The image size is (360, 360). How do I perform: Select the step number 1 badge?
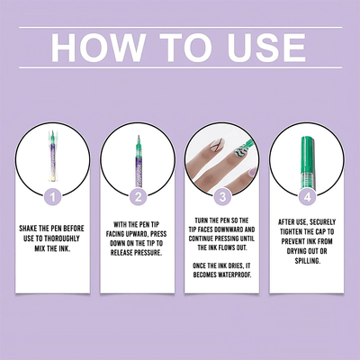pos(53,197)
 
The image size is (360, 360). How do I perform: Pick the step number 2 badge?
pos(138,197)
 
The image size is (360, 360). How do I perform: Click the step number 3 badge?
pos(222,197)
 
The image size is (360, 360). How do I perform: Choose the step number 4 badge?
pos(307,197)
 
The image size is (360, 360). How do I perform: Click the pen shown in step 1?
pos(52,155)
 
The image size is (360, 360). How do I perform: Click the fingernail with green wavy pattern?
pos(239,151)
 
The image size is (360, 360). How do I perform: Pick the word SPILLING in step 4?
pos(308,261)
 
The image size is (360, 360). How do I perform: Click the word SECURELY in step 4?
pos(323,222)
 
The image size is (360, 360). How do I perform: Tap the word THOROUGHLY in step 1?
pos(62,238)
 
